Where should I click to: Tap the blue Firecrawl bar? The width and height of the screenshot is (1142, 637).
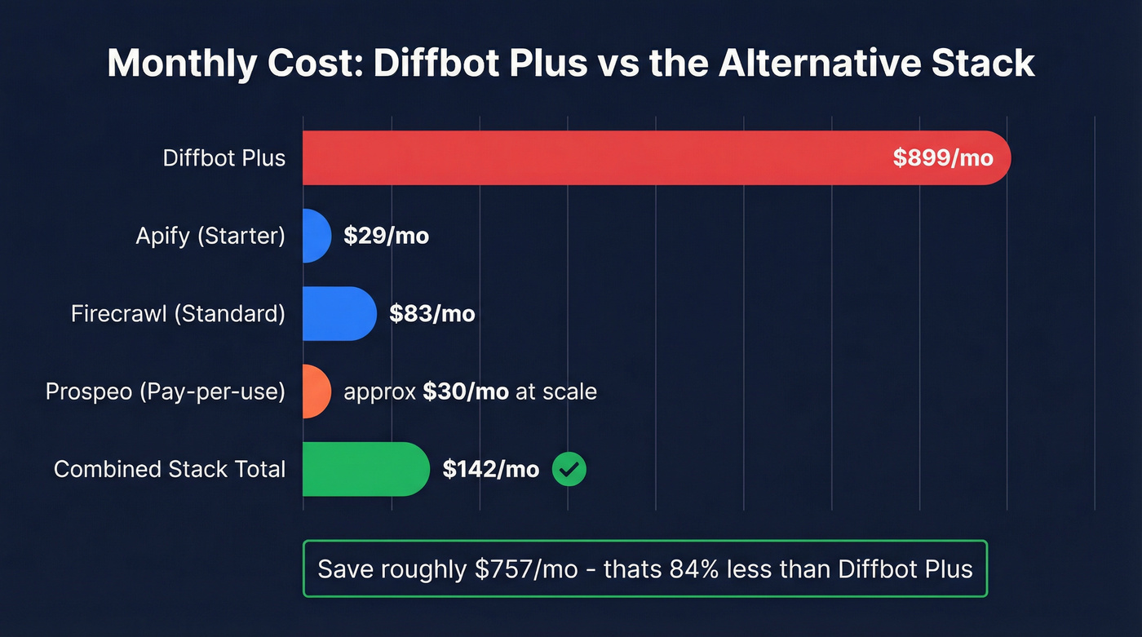[339, 313]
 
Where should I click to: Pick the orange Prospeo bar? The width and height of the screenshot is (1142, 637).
[316, 391]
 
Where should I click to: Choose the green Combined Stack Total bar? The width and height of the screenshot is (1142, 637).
[365, 469]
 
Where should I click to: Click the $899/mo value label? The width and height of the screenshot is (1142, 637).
[943, 157]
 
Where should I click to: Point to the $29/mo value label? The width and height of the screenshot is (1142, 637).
[386, 237]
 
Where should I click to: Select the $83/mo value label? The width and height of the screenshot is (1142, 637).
[432, 314]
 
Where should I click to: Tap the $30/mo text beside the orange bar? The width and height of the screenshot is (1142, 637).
[466, 391]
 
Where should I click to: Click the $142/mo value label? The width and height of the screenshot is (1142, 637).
[490, 470]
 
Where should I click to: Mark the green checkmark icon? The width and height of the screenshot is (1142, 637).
[569, 469]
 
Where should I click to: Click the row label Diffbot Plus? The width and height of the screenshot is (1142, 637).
[224, 157]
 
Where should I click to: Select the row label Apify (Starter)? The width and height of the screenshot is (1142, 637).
[210, 237]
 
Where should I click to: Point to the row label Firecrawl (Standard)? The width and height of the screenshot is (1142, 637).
[178, 314]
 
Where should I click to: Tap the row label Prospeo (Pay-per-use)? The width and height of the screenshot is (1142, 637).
[166, 391]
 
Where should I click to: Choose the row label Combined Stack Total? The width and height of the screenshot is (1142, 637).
[170, 470]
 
